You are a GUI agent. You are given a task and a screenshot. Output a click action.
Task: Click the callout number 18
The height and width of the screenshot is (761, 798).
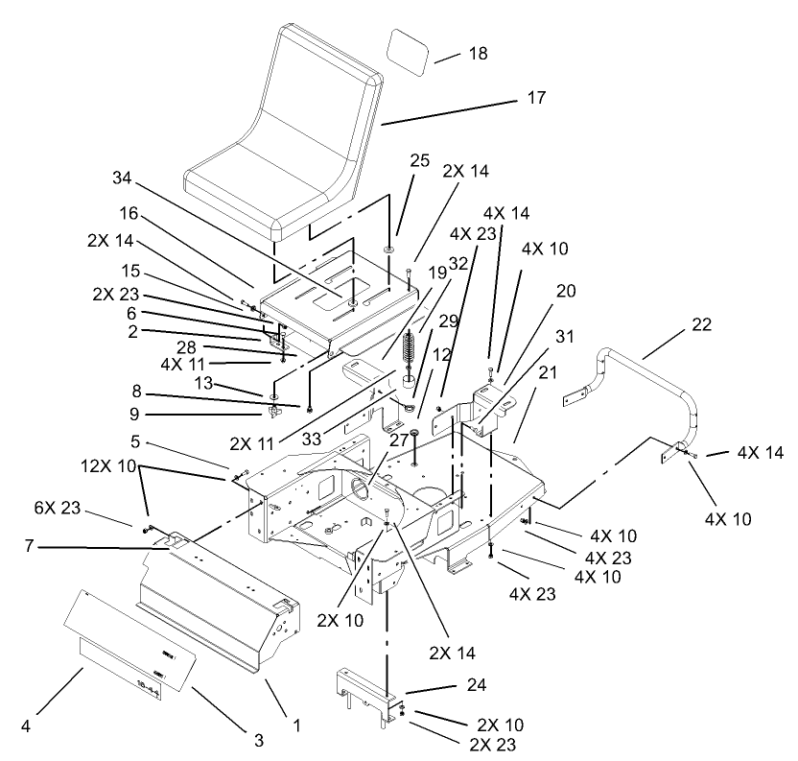[477, 54]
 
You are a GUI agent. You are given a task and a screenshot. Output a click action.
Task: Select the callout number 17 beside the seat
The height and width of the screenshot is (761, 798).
[535, 98]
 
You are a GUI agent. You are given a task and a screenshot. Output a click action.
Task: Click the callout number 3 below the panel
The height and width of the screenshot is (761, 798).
[258, 739]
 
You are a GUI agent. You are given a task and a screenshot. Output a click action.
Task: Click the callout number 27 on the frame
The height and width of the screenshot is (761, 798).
[399, 440]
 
